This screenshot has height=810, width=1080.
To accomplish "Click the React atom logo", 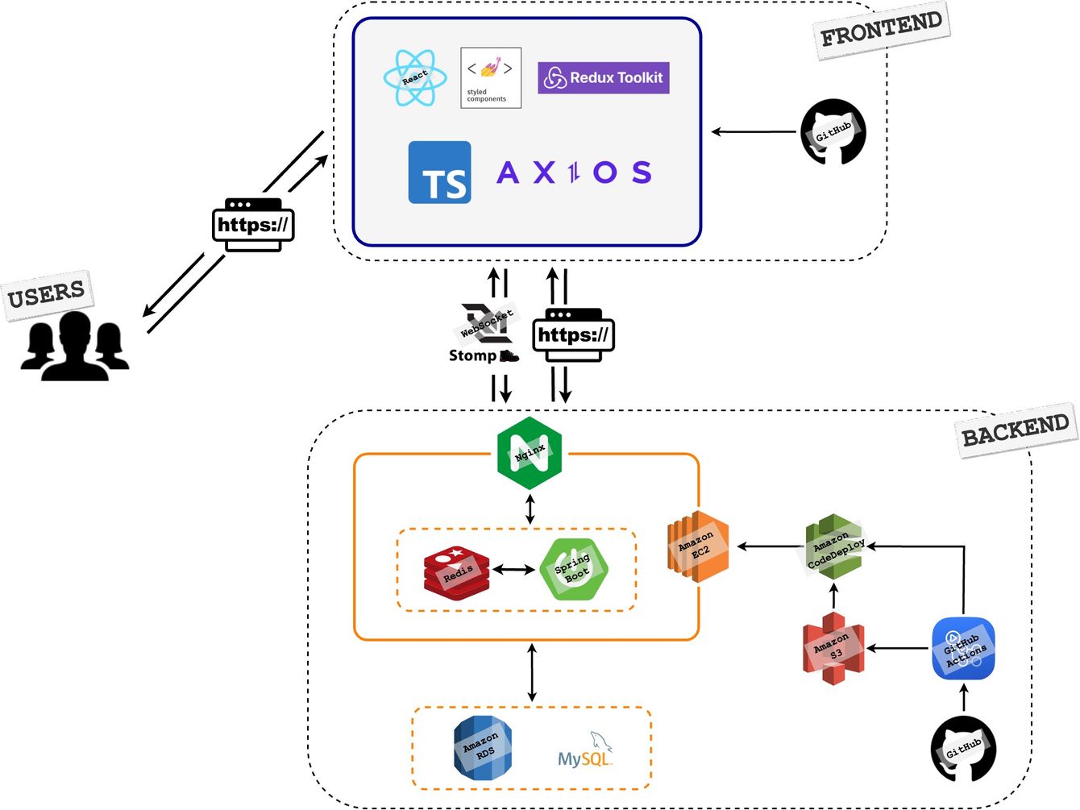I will pos(415,78).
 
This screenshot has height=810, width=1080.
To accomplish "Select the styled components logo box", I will pos(491,78).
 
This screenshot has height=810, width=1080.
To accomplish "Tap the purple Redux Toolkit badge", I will pos(604,78).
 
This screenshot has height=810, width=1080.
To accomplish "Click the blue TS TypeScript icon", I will pos(439,172).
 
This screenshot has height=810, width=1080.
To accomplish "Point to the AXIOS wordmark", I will pos(574,172).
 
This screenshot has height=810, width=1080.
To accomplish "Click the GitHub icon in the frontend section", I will pos(833,131).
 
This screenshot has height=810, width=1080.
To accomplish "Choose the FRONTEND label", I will pos(881,31).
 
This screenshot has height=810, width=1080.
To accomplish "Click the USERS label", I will pos(47,295).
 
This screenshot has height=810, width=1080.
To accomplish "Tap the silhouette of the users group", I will pos(75,347).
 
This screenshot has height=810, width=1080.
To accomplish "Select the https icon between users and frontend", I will pos(253,225).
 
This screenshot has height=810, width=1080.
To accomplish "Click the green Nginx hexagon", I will pos(530,454).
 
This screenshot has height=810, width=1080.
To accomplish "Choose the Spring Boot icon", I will pos(573,569).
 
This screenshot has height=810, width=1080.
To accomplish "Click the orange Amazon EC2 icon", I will pos(698,546).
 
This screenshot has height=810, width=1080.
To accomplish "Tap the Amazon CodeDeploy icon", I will pos(834,547).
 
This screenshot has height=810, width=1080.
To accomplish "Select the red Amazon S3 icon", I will pos(833,648).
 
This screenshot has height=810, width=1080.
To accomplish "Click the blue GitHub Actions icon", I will pos(963,649).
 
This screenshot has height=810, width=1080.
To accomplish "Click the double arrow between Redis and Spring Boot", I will pos(513,570).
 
